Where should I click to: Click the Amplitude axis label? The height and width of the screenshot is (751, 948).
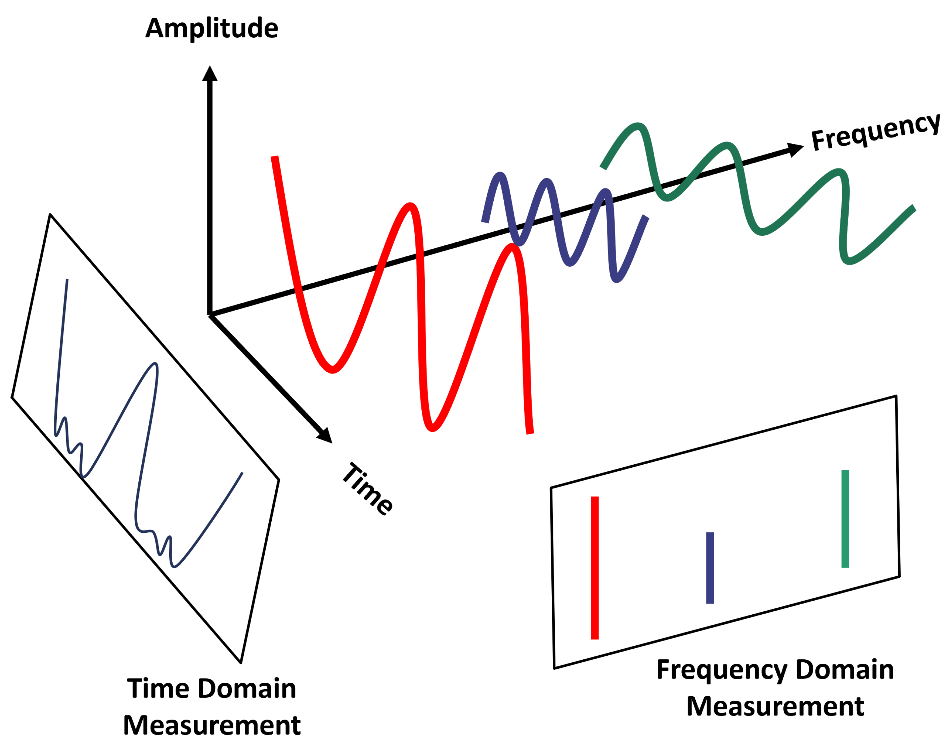(x=212, y=28)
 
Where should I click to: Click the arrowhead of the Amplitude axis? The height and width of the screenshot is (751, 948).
(x=210, y=74)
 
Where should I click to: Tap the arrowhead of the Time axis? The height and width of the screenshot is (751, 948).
(x=325, y=435)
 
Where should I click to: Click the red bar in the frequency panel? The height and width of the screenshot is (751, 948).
(x=594, y=568)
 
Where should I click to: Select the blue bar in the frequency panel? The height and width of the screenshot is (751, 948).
(x=710, y=568)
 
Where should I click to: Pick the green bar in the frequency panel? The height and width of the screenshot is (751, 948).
(x=845, y=519)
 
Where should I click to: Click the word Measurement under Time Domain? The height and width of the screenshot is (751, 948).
(x=212, y=725)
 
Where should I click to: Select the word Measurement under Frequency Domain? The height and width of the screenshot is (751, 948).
(x=775, y=707)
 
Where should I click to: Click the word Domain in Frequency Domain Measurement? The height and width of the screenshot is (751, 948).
(x=844, y=670)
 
